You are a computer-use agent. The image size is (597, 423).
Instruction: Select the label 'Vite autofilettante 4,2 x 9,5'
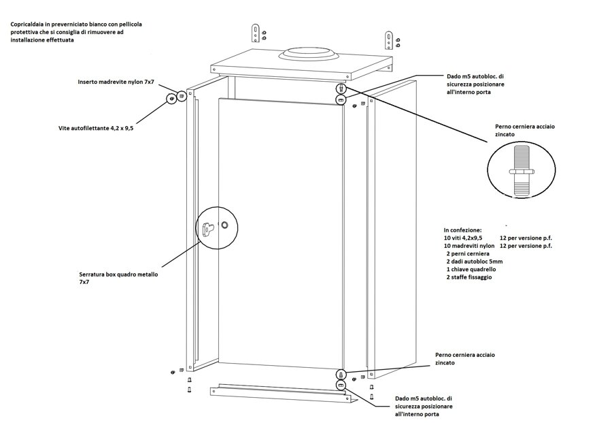pos(95,128)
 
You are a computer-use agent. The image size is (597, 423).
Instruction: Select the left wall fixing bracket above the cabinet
pos(255,33)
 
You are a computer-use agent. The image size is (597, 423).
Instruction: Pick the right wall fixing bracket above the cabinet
pos(388,39)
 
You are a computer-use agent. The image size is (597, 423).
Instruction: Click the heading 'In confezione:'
pos(462,230)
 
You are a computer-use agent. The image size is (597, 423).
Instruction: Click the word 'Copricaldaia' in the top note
pos(28,25)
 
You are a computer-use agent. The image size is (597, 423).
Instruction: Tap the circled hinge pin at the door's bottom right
pos(341,375)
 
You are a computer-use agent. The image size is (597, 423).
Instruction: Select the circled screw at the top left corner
pos(171,99)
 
